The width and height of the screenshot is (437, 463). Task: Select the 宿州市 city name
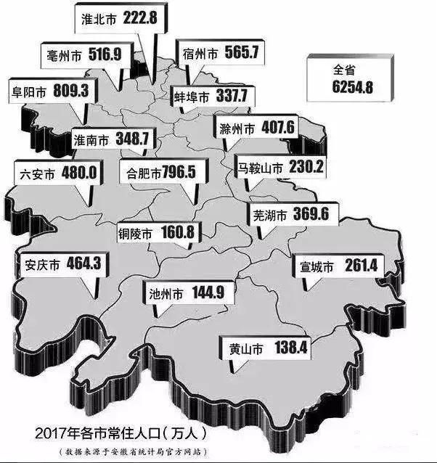(x=200, y=53)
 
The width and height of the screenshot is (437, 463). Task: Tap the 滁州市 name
(x=237, y=129)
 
